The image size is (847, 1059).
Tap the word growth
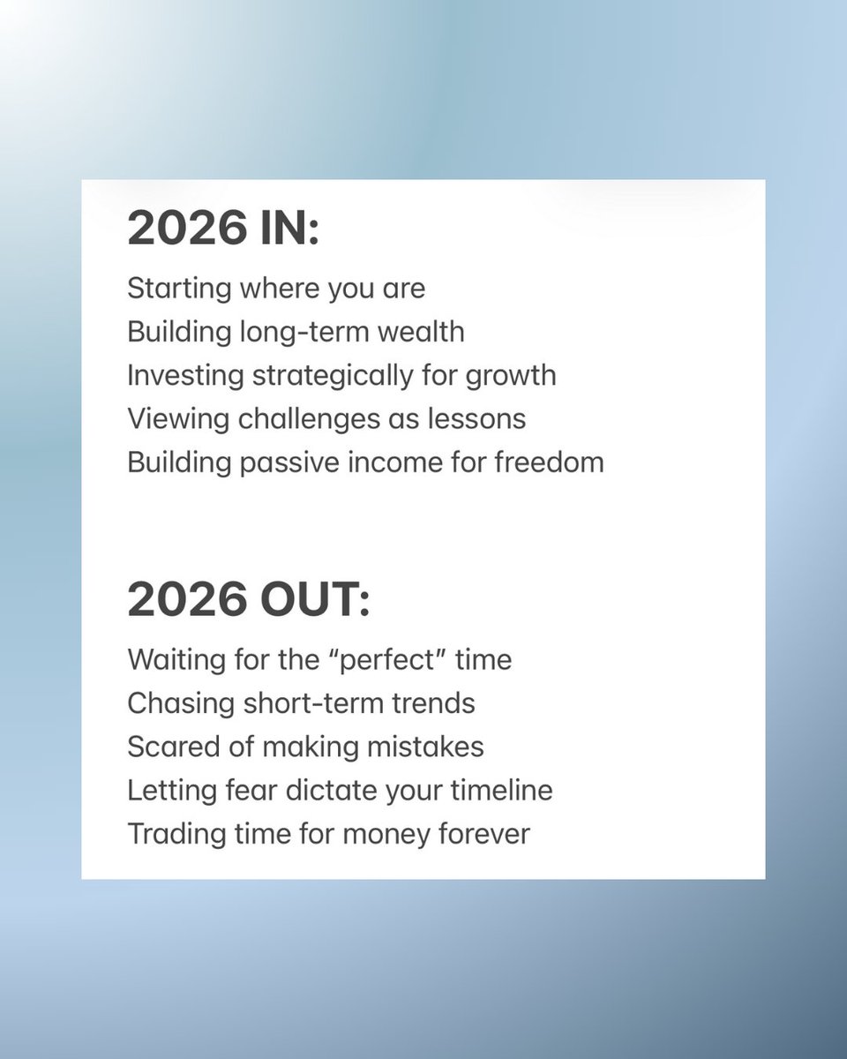point(512,376)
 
